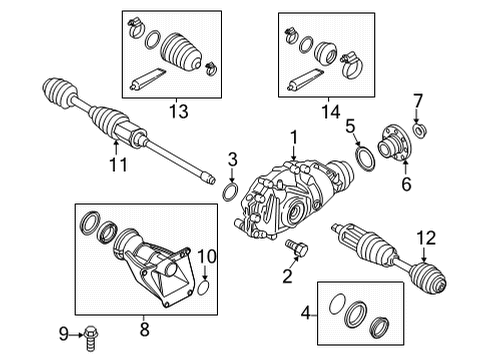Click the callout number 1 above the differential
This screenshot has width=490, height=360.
click(294, 136)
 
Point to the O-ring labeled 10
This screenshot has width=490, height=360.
click(204, 291)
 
